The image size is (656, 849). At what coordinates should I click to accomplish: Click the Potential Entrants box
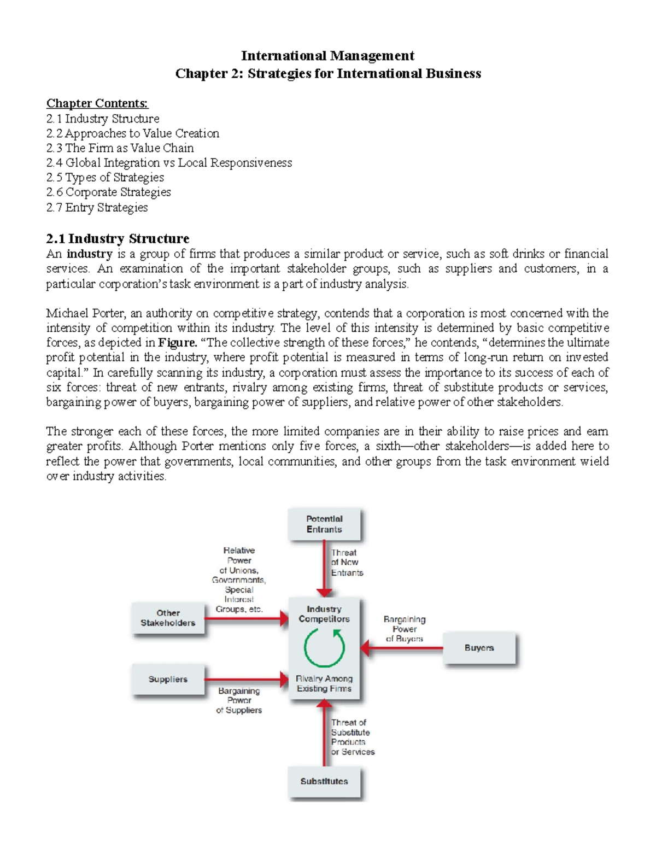324,524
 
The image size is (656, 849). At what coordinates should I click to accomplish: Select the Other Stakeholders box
168,618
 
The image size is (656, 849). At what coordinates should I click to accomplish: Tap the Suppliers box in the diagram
168,679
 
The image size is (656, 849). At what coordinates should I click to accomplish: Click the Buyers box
479,648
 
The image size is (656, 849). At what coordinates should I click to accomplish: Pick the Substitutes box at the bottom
324,781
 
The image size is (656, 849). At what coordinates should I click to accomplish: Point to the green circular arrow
324,648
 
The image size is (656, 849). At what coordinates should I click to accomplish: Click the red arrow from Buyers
402,649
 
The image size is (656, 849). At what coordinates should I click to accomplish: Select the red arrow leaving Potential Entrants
325,569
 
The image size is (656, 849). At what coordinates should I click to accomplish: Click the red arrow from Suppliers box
246,680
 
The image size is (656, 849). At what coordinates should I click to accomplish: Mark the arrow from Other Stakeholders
246,619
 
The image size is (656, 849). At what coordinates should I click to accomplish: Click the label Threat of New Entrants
347,563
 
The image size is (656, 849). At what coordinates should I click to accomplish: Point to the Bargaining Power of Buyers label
405,629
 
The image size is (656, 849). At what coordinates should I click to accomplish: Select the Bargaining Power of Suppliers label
239,700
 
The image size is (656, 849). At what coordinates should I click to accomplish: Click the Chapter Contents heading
97,103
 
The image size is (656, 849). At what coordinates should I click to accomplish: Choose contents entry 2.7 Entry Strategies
97,207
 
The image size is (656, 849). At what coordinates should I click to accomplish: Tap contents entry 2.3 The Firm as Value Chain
120,148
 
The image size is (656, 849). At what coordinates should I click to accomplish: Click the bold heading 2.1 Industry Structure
118,238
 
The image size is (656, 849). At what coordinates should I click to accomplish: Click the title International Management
327,56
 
